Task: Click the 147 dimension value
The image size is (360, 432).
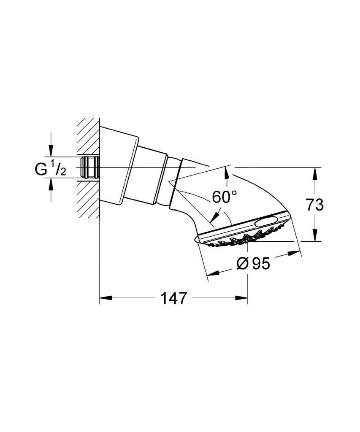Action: click(x=173, y=299)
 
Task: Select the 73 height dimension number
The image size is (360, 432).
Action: click(x=314, y=205)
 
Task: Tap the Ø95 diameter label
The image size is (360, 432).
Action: click(x=253, y=264)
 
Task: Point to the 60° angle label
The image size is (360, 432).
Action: click(x=224, y=197)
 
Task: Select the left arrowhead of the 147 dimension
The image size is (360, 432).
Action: click(x=105, y=299)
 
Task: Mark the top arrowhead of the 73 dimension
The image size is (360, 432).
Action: click(x=314, y=173)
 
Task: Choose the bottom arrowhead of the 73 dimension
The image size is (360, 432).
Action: click(x=314, y=237)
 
